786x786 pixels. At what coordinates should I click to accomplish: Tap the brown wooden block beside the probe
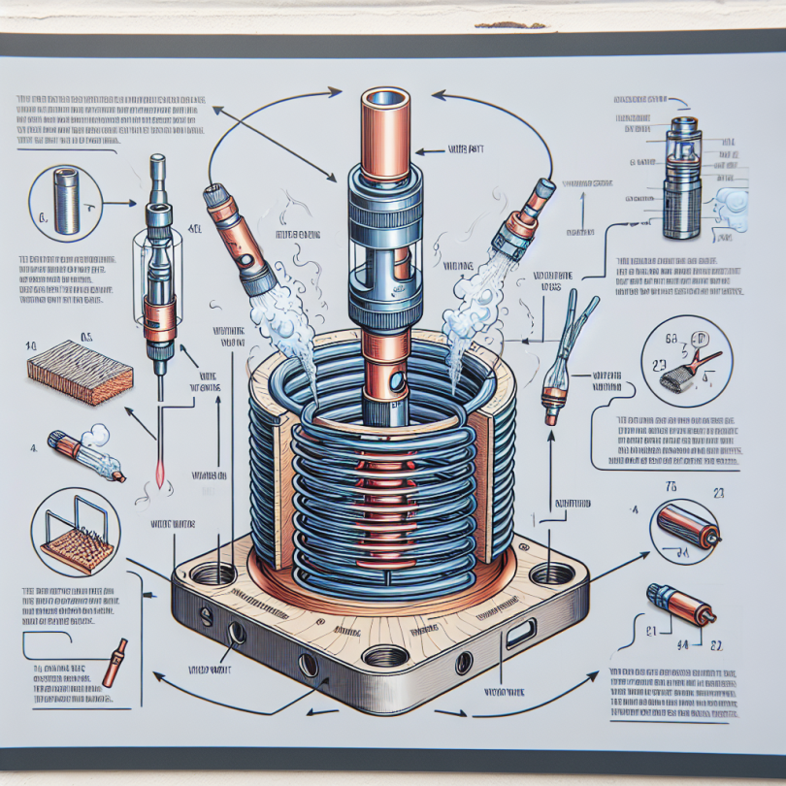tap(79, 372)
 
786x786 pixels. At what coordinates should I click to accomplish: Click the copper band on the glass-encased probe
tap(155, 313)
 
